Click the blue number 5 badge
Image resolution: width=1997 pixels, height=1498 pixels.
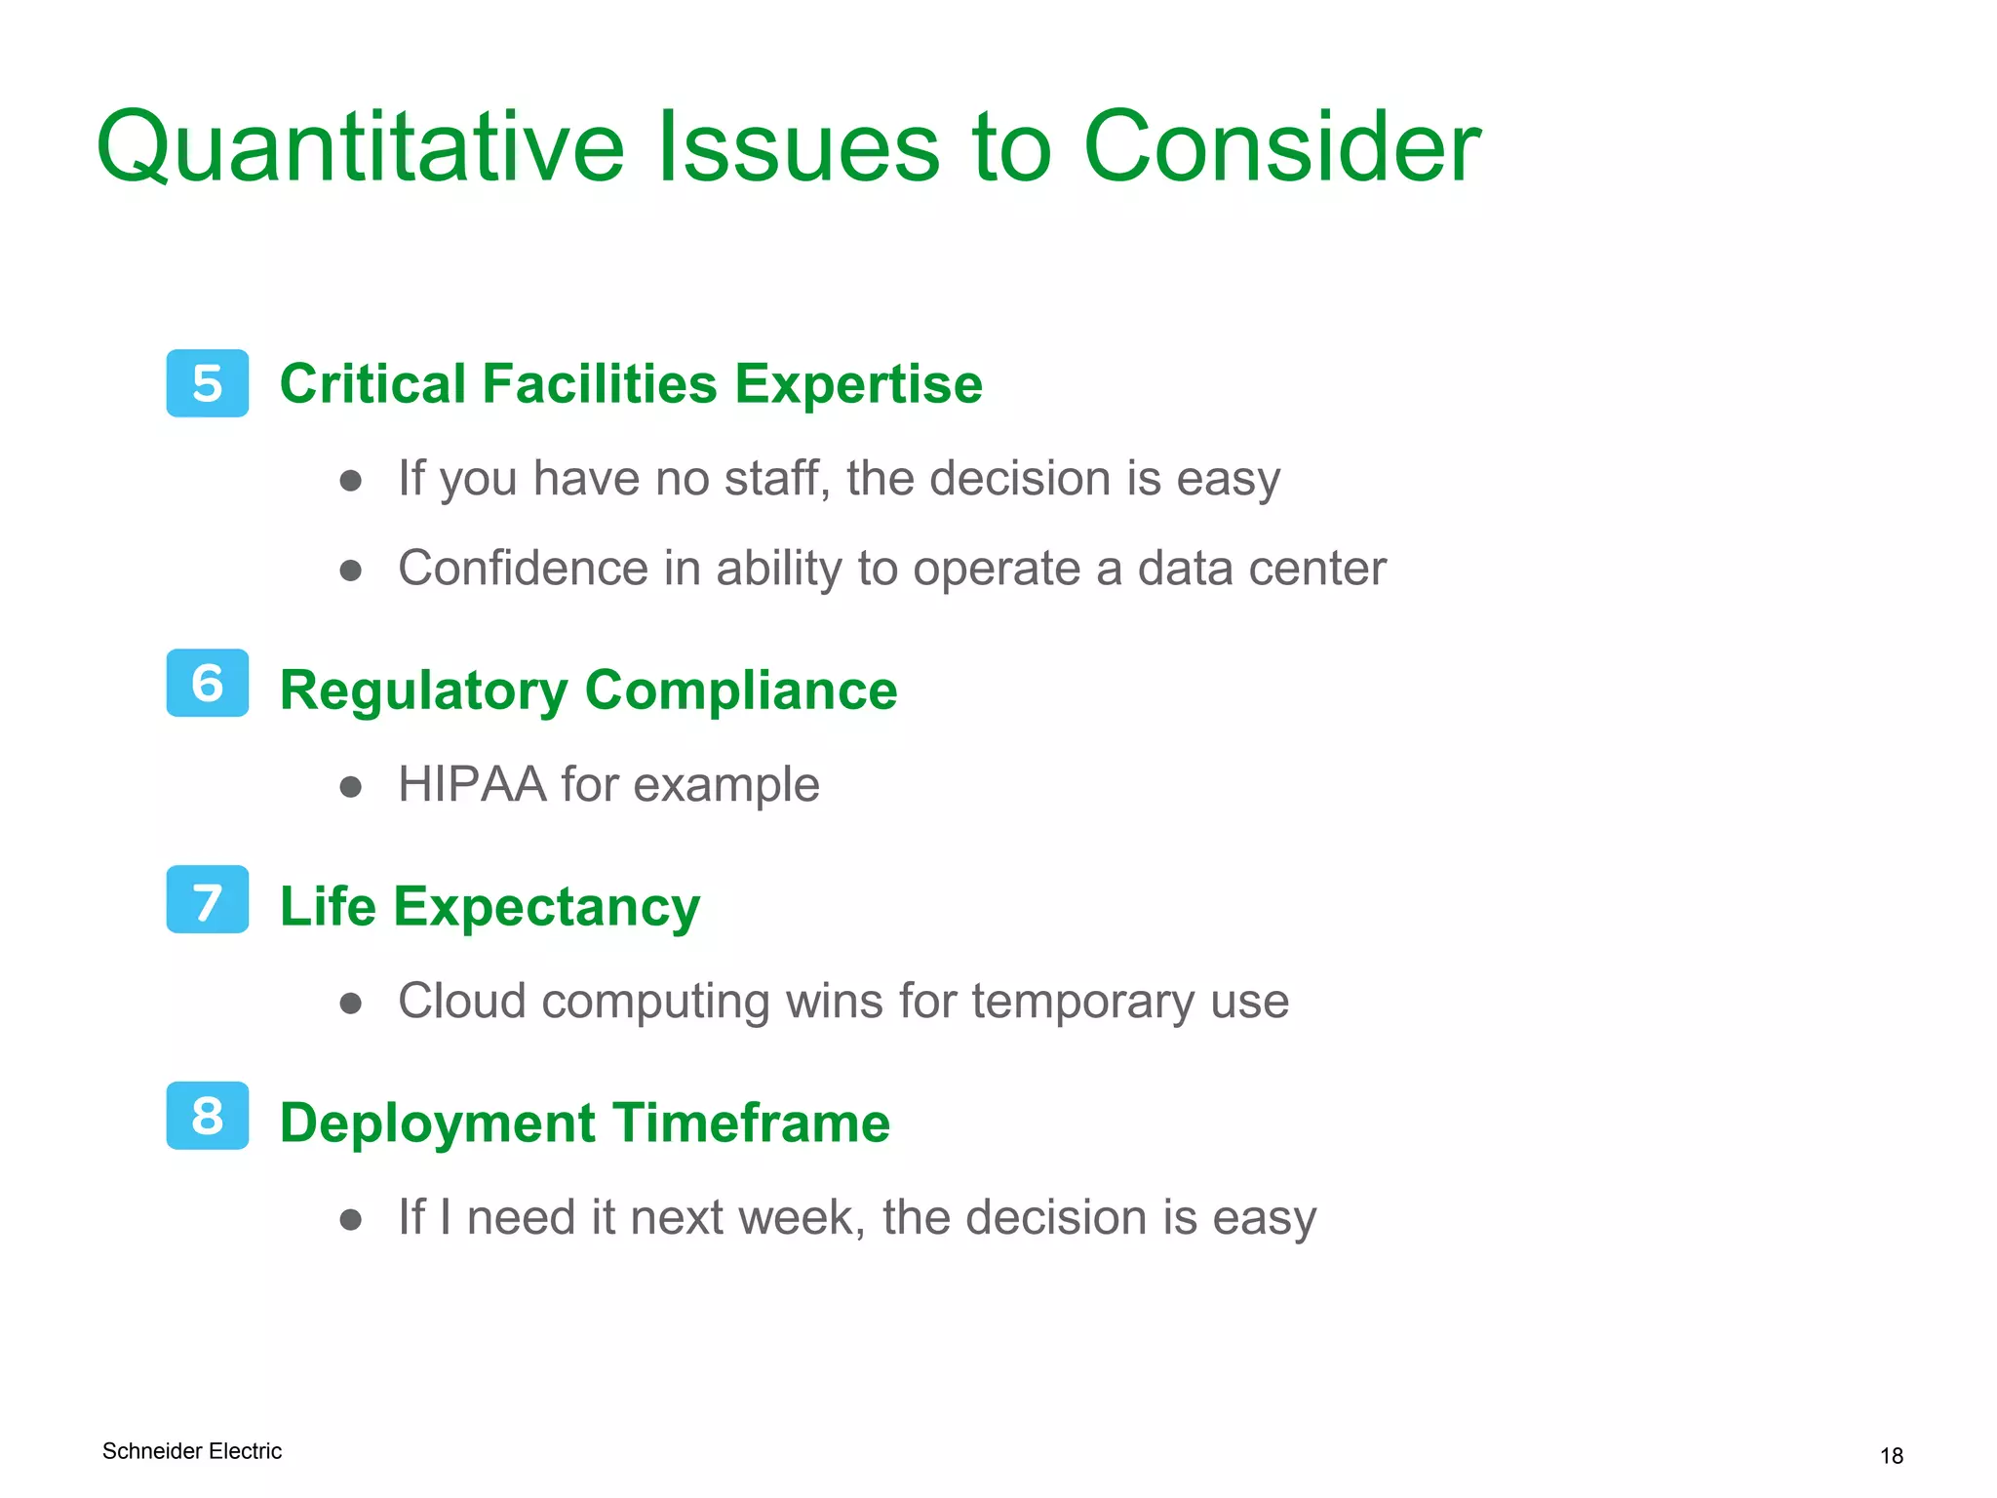(x=207, y=383)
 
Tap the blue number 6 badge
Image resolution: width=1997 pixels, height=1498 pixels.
(x=207, y=683)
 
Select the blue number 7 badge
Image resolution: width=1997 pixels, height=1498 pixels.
(x=207, y=899)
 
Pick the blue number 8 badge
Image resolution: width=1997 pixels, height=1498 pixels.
(x=207, y=1116)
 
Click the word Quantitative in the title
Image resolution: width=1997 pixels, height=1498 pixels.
(x=360, y=148)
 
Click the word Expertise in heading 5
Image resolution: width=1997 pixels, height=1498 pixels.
(x=858, y=384)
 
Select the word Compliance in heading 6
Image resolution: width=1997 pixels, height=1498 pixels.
(x=740, y=690)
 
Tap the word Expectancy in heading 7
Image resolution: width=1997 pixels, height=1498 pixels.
(x=546, y=909)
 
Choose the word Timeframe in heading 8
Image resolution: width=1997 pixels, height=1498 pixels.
(x=750, y=1123)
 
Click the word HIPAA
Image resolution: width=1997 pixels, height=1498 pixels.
(x=472, y=784)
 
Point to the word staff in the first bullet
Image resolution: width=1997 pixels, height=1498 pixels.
(x=776, y=479)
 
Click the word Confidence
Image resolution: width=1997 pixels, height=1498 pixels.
(x=523, y=569)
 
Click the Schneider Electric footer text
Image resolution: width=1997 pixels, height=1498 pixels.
(x=192, y=1451)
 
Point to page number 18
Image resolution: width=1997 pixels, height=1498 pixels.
(x=1891, y=1456)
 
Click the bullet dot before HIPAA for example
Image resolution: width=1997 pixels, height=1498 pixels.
(x=351, y=787)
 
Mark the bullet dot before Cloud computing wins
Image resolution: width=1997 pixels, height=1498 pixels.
(x=351, y=1004)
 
